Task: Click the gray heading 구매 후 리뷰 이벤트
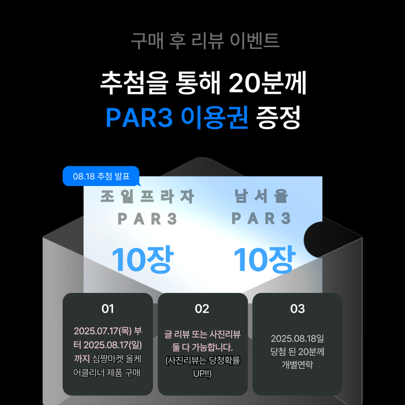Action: click(x=205, y=41)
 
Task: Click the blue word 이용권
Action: click(x=214, y=117)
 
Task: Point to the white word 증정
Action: click(x=278, y=117)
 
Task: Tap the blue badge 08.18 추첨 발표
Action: click(x=101, y=177)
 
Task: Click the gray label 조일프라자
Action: click(x=147, y=197)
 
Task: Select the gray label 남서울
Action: click(x=261, y=197)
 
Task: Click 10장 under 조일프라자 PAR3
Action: click(x=142, y=259)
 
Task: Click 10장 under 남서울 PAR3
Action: click(x=264, y=259)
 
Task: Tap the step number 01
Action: click(x=108, y=309)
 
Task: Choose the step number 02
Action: click(x=202, y=309)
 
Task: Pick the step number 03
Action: click(x=298, y=309)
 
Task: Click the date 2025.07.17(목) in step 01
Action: click(x=103, y=331)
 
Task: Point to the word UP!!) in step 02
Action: click(x=202, y=374)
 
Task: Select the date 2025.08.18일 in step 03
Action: click(x=297, y=339)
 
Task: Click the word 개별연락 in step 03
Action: click(x=297, y=364)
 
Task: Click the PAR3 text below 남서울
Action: click(x=261, y=219)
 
